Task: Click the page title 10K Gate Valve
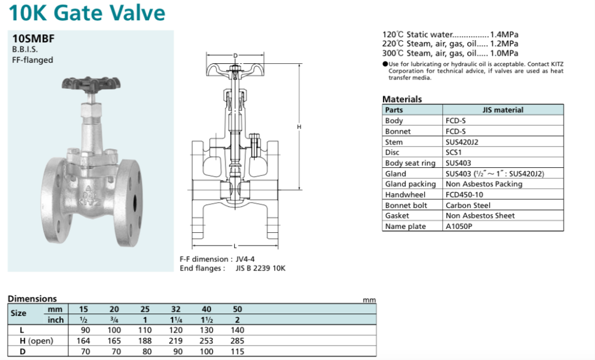click(x=87, y=13)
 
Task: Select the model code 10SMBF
click(x=33, y=39)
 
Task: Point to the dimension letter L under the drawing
click(x=235, y=246)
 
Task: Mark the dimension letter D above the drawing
click(x=235, y=56)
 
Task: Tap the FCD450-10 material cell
click(x=464, y=195)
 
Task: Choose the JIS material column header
click(x=503, y=110)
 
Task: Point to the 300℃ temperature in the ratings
click(x=392, y=53)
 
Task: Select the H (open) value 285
click(x=237, y=341)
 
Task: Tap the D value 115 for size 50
click(x=237, y=351)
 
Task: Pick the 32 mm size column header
click(x=174, y=309)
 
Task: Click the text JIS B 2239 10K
click(x=260, y=268)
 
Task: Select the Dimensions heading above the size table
click(x=32, y=298)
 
